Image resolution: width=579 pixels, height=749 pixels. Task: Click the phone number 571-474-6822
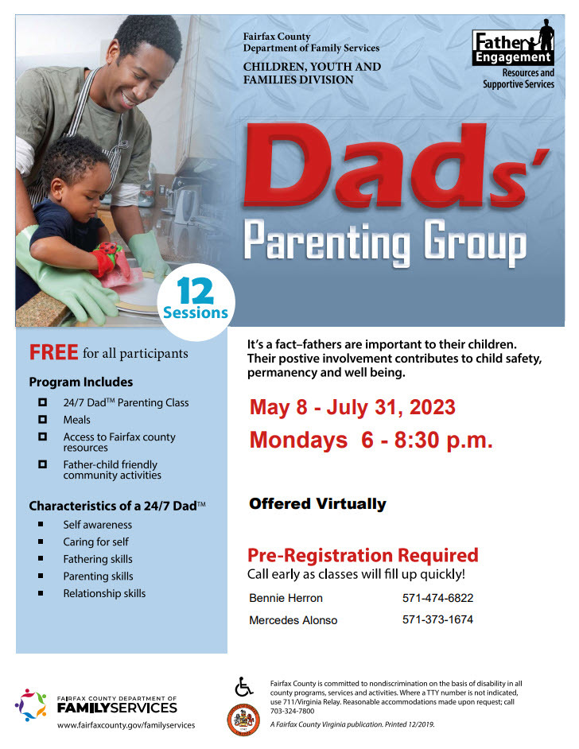point(437,598)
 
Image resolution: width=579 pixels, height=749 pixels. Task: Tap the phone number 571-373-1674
point(437,619)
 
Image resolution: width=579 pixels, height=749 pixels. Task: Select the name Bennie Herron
point(286,598)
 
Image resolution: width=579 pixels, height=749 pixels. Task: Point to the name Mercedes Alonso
point(293,619)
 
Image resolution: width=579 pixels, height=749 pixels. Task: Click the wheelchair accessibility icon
point(244,685)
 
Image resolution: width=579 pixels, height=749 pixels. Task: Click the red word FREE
point(53,352)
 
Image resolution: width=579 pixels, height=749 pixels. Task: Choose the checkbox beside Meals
point(43,419)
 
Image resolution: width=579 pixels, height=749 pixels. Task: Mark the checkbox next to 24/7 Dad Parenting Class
point(43,402)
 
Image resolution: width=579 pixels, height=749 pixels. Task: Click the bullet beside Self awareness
point(41,525)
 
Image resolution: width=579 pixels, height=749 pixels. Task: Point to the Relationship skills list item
point(104,593)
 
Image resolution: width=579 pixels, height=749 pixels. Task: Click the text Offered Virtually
point(317,503)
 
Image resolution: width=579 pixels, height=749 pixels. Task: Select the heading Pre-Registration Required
point(363,554)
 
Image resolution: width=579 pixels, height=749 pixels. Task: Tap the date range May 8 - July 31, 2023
point(352,407)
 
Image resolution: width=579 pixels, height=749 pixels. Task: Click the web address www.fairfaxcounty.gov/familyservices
point(126,724)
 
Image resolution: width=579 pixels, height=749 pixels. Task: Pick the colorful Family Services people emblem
point(32,705)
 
